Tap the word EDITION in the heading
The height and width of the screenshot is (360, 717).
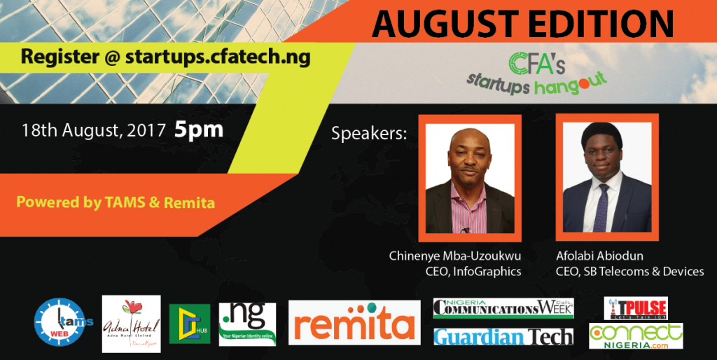click(593, 25)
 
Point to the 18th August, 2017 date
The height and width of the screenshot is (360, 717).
click(93, 131)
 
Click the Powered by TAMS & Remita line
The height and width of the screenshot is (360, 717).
click(116, 203)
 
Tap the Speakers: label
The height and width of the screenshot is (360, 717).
click(369, 133)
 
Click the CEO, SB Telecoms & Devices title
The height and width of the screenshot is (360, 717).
click(629, 271)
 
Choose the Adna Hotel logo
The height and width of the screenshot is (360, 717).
click(131, 324)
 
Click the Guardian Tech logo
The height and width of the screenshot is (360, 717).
click(503, 337)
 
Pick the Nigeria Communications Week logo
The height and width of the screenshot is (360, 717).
click(503, 307)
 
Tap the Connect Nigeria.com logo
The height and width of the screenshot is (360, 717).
click(635, 336)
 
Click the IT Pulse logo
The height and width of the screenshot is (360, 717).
click(635, 308)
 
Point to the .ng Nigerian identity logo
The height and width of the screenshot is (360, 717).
click(247, 324)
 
